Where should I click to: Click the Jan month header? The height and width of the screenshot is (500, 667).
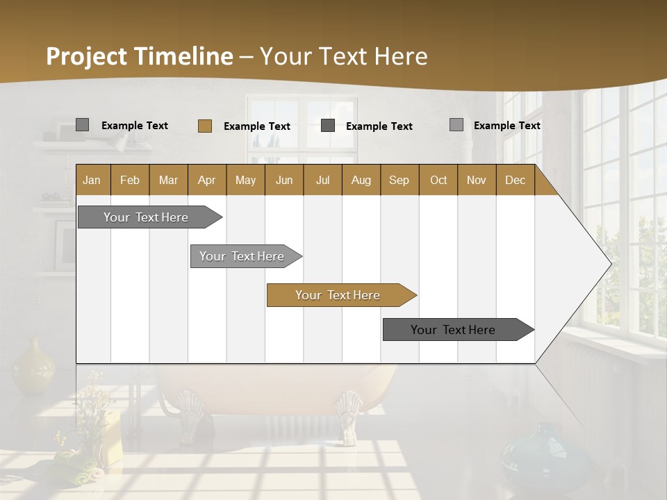coord(92,180)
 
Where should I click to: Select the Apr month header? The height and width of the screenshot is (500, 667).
coord(206,180)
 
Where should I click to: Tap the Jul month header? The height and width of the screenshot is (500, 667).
coord(322,180)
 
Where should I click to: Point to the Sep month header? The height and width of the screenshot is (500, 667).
coord(399,180)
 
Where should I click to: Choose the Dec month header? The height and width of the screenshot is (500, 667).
coord(515,180)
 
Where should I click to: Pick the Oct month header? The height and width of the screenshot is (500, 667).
coord(438,180)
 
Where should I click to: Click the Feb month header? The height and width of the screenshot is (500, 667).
coord(130,180)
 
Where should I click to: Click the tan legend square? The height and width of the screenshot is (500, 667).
coord(204,126)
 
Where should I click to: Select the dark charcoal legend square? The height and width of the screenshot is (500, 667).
coord(328,126)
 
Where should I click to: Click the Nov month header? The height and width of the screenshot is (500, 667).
coord(476,180)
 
